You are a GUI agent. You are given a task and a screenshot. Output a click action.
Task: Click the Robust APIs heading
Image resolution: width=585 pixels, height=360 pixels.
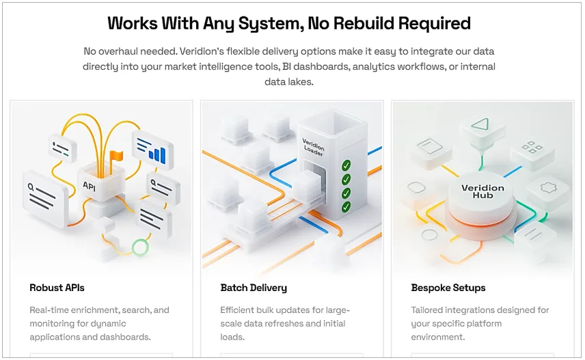[x=57, y=288]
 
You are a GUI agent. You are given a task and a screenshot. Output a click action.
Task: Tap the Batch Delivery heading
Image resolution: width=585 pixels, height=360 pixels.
[x=254, y=288]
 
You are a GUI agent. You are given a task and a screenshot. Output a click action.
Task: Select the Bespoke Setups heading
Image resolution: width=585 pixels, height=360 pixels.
[x=448, y=288]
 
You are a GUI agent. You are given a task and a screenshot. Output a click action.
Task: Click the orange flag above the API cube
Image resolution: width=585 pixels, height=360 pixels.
[x=116, y=156]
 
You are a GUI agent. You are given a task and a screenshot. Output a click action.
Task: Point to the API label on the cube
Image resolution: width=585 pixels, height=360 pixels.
[x=89, y=186]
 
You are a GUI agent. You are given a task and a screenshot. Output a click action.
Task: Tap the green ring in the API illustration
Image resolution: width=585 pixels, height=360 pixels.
[x=140, y=247]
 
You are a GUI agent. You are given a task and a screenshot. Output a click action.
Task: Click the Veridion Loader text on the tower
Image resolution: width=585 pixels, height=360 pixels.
[x=314, y=147]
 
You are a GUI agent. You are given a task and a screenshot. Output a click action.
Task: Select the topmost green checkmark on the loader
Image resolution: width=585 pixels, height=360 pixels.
[x=346, y=165]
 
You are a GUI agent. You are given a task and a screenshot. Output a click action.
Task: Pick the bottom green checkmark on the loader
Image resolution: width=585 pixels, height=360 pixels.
[x=346, y=206]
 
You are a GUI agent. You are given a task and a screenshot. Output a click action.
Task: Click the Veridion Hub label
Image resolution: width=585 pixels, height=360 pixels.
[x=482, y=191]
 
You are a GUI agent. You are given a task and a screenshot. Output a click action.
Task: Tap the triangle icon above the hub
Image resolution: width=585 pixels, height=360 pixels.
[x=480, y=124]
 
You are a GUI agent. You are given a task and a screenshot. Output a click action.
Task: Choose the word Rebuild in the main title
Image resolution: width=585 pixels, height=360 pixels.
[x=364, y=23]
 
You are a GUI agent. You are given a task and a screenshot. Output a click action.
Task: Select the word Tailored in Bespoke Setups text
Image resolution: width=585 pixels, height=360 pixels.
[x=426, y=310]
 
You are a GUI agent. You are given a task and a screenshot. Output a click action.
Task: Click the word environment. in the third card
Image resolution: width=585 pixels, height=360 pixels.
[x=438, y=337]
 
